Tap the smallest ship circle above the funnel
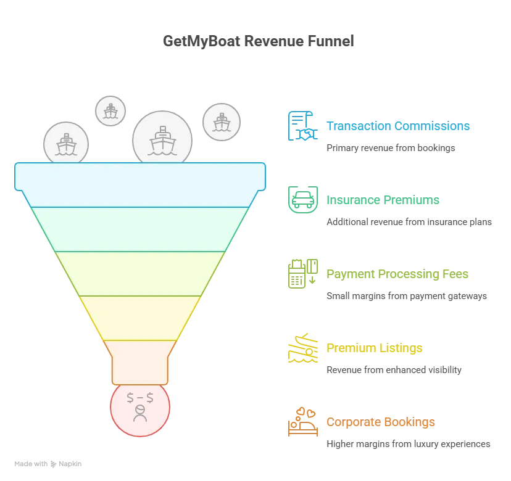[x=110, y=112]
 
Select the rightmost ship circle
[x=221, y=121]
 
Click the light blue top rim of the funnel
[x=140, y=176]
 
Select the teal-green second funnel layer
[x=140, y=229]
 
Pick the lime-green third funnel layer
[x=140, y=273]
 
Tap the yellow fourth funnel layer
[x=140, y=318]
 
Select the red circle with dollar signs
[x=140, y=408]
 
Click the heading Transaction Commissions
[x=398, y=126]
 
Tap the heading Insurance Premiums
[x=382, y=200]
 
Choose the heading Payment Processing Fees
[x=397, y=274]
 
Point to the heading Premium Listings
[x=375, y=348]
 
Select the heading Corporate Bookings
[x=380, y=422]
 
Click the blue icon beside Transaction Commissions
[x=301, y=126]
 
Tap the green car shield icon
[x=302, y=199]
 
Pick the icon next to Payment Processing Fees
[x=302, y=274]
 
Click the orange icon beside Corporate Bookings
[x=302, y=422]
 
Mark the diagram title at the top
[x=259, y=42]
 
